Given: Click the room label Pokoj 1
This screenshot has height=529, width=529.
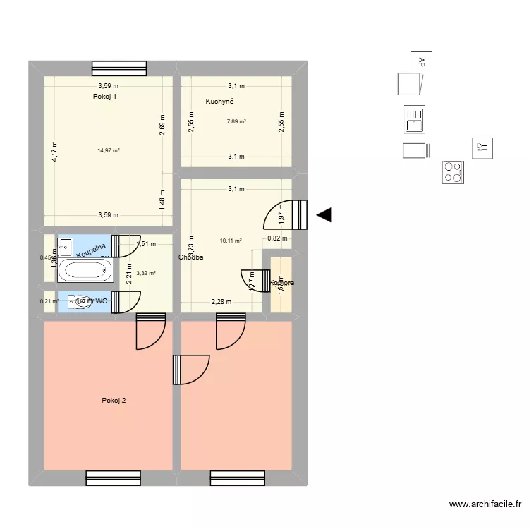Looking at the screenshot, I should pos(104,97).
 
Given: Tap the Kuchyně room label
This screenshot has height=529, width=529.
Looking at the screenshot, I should pos(219,102).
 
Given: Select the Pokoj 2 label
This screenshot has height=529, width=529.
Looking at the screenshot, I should pos(114,401).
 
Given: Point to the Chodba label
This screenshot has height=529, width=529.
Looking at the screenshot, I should pos(191,257).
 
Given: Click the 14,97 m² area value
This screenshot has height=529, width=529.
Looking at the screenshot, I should pos(109,150).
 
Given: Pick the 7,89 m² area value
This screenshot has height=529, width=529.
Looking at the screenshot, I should pos(236,121).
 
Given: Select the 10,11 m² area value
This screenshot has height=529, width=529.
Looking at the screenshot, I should pos(231,241).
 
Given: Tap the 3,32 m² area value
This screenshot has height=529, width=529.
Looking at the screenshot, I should pos(146,273).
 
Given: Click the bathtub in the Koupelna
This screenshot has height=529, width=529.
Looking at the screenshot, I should pos(84,269).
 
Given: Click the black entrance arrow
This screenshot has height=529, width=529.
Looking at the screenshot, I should pos(324,216).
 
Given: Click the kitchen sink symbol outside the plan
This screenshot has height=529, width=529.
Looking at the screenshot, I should pos(415,118).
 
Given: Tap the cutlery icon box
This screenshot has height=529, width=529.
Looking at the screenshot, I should pos(482,147).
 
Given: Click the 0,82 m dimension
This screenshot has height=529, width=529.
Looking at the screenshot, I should pos(278,238).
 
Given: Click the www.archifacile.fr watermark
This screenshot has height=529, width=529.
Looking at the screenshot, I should pos(485,504).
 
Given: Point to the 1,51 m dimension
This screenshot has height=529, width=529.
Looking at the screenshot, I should pos(145,245).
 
